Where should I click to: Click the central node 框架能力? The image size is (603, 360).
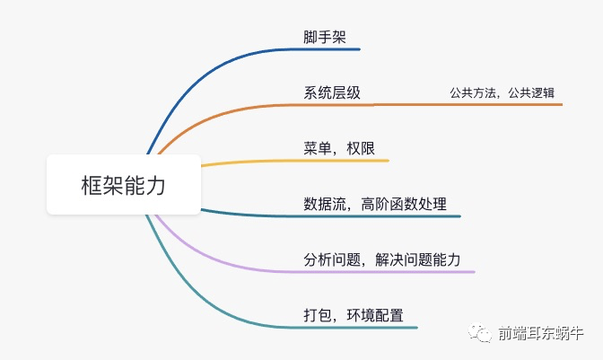coord(124,185)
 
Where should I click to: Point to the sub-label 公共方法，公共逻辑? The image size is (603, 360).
coord(502,93)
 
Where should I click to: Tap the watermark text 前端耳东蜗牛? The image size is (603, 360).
coord(544,335)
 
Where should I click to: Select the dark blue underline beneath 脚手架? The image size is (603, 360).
coord(332,50)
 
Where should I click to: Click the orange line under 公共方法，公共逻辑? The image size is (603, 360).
coord(502,105)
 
